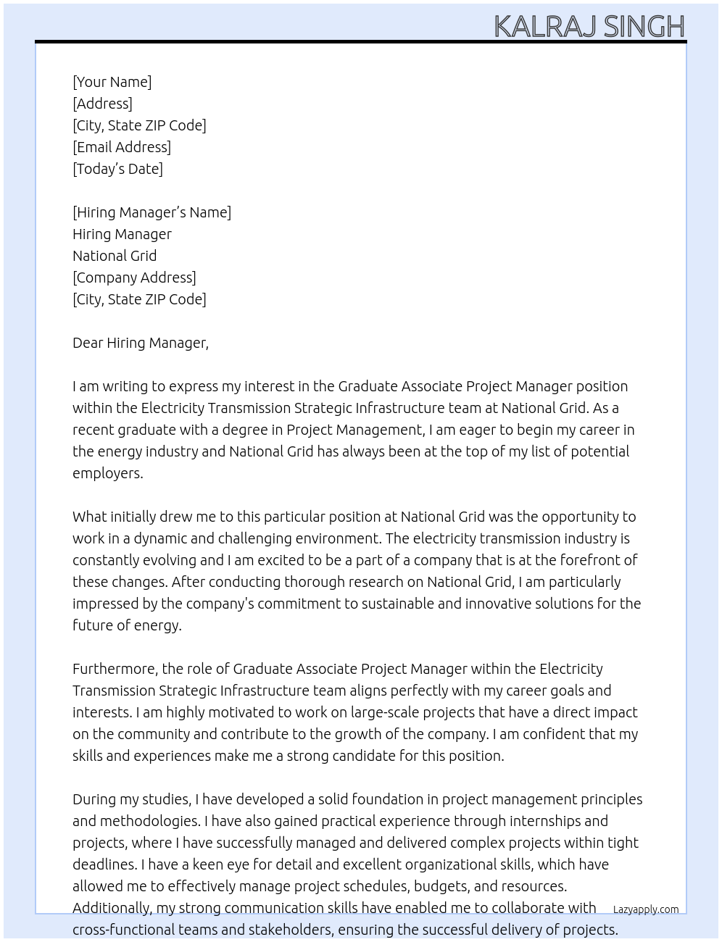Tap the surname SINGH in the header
coord(644,27)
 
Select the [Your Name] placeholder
coord(112,82)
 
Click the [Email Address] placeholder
coord(122,147)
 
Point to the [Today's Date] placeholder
coord(117,169)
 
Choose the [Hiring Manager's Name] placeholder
coord(152,212)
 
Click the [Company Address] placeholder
coord(134,278)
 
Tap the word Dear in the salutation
coord(88,343)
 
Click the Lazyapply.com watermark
coord(646,909)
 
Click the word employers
coord(107,473)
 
